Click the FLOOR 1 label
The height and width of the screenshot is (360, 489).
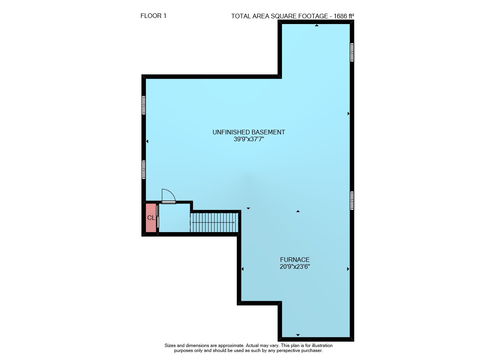pyautogui.click(x=153, y=16)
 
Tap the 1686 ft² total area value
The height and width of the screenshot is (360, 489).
pyautogui.click(x=344, y=16)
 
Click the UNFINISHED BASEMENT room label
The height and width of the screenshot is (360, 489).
pyautogui.click(x=249, y=132)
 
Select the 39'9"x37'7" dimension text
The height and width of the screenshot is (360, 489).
pyautogui.click(x=249, y=139)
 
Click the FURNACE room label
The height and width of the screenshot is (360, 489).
pyautogui.click(x=295, y=260)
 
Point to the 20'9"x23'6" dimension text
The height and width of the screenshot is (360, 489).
pyautogui.click(x=295, y=266)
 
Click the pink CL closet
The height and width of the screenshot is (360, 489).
pyautogui.click(x=151, y=218)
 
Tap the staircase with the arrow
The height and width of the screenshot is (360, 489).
pyautogui.click(x=214, y=223)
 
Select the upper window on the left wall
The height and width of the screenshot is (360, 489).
pyautogui.click(x=143, y=105)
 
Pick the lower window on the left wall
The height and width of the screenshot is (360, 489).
pyautogui.click(x=143, y=170)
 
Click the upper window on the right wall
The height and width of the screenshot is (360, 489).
pyautogui.click(x=352, y=52)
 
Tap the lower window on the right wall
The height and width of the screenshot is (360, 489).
pyautogui.click(x=352, y=201)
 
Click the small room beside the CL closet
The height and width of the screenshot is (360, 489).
pyautogui.click(x=174, y=218)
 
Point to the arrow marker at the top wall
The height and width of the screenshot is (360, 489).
pyautogui.click(x=317, y=26)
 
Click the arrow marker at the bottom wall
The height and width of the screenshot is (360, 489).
pyautogui.click(x=298, y=335)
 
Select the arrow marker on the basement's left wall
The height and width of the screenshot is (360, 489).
pyautogui.click(x=147, y=141)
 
